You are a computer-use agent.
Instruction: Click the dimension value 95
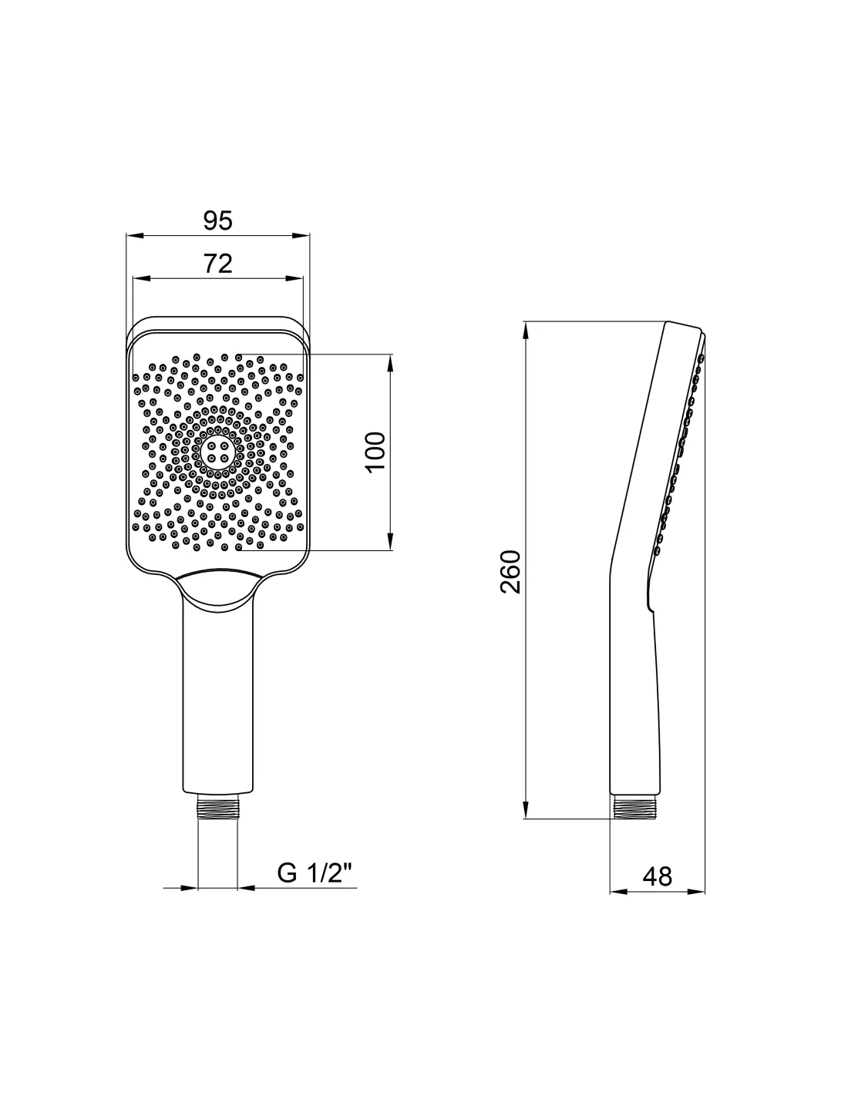(218, 220)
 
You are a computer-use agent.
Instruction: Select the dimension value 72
(218, 264)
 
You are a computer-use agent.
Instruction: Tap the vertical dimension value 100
(375, 452)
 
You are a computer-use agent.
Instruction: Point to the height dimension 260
(510, 571)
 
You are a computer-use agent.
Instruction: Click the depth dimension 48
(658, 876)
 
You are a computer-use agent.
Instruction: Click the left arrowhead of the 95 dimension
(135, 235)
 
